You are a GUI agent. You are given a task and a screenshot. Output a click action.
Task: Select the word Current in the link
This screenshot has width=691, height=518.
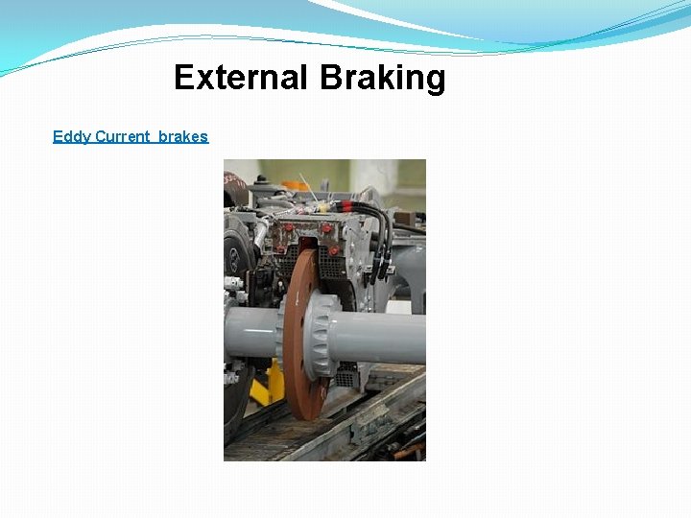tap(122, 136)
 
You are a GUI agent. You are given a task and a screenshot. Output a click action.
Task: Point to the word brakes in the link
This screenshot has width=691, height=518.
tap(183, 136)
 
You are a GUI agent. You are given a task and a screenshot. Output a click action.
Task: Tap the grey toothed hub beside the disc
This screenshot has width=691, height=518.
tap(322, 337)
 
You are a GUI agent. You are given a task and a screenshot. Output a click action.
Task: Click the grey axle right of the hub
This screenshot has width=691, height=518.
tap(384, 337)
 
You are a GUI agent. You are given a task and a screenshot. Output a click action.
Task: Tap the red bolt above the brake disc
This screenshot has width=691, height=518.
tap(326, 230)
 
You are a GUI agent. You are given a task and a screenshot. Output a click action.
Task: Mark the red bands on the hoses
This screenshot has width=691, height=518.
tap(335, 205)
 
